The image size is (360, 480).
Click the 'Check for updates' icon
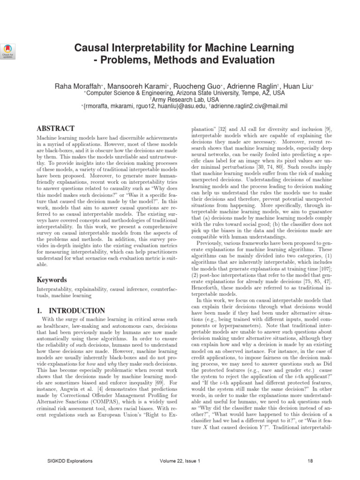click(x=9, y=51)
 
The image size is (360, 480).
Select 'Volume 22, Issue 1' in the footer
click(x=180, y=461)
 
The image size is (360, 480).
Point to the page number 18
click(x=310, y=461)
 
